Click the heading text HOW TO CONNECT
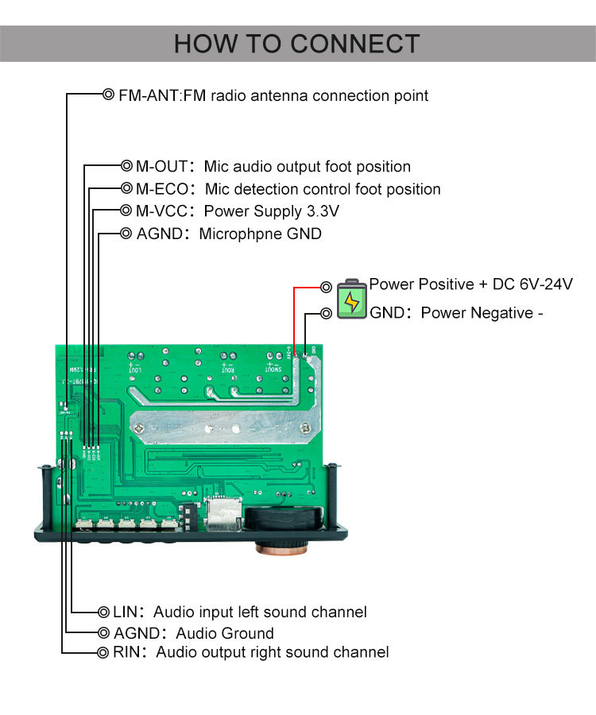point(296,43)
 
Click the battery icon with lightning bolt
point(351,299)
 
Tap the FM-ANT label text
point(149,96)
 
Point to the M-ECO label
point(162,189)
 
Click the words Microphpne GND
point(260,234)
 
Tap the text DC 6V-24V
point(531,284)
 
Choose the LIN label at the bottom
point(126,613)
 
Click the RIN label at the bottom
point(126,653)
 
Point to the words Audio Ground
point(224,633)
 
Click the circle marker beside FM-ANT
point(108,95)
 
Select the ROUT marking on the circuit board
point(228,369)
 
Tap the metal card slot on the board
point(223,512)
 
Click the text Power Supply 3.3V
point(272,211)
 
